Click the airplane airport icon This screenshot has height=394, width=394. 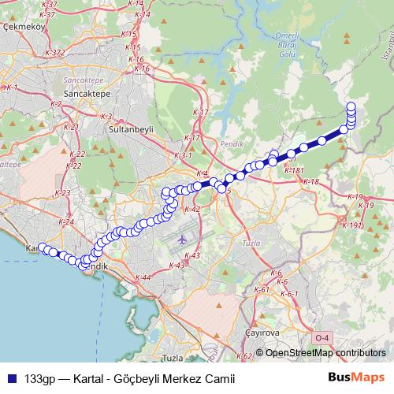183,237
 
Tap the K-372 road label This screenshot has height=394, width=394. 55,53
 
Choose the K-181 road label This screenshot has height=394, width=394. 294,170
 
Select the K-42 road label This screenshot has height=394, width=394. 192,210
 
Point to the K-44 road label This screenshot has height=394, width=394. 143,277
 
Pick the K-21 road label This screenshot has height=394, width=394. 70,127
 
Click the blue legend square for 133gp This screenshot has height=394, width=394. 13,377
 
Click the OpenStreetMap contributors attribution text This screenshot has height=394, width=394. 325,354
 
